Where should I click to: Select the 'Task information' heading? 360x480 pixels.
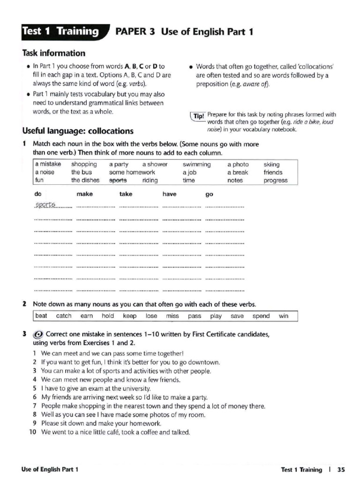pyautogui.click(x=53, y=53)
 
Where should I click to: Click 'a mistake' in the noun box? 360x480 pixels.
pyautogui.click(x=48, y=165)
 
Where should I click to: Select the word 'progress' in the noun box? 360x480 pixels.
pyautogui.click(x=276, y=180)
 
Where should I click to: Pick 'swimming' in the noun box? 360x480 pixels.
pyautogui.click(x=196, y=165)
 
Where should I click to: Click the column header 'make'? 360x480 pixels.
pyautogui.click(x=84, y=194)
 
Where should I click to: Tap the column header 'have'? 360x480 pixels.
pyautogui.click(x=169, y=194)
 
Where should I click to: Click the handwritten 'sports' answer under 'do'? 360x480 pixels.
pyautogui.click(x=45, y=205)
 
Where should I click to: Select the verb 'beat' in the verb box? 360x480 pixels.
pyautogui.click(x=41, y=316)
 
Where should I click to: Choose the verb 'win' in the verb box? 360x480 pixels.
pyautogui.click(x=284, y=316)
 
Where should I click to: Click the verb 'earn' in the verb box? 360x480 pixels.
pyautogui.click(x=87, y=316)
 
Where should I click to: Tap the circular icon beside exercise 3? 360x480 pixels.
pyautogui.click(x=38, y=335)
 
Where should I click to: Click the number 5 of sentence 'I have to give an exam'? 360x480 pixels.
pyautogui.click(x=35, y=389)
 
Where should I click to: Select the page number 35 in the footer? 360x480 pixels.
pyautogui.click(x=341, y=469)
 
